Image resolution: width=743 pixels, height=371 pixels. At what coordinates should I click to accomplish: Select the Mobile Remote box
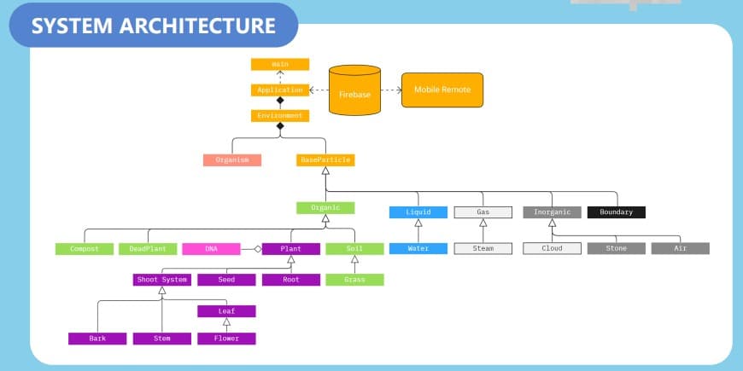click(442, 90)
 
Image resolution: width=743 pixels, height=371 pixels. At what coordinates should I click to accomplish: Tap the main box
click(279, 64)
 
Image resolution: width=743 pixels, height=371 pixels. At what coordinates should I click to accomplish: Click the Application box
click(279, 90)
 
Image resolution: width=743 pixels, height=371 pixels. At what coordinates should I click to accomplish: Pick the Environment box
click(279, 115)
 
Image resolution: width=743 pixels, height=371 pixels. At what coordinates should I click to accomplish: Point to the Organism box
click(232, 159)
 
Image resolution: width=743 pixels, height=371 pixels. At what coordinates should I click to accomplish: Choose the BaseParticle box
click(325, 159)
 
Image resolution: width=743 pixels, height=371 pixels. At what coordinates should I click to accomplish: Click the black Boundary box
click(616, 212)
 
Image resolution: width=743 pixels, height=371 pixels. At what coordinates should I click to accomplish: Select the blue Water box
click(418, 248)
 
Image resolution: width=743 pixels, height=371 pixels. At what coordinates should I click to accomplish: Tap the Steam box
click(483, 248)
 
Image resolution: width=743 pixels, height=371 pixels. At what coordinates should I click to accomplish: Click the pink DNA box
click(211, 249)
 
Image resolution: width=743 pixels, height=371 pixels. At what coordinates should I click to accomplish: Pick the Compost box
click(84, 249)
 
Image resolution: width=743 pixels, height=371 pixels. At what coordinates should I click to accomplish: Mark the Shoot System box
click(162, 279)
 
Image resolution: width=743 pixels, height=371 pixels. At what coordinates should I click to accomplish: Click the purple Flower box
click(226, 339)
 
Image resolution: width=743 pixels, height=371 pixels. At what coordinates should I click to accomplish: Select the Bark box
click(97, 339)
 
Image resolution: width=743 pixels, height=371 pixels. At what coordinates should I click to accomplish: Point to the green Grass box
click(354, 279)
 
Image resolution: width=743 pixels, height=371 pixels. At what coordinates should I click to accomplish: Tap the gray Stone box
click(616, 248)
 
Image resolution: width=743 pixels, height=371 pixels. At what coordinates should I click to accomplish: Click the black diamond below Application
click(279, 101)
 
